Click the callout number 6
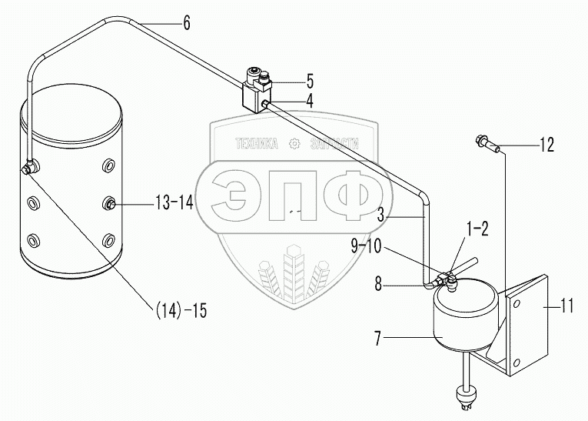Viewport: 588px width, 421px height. point(186,22)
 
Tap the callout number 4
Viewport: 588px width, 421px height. point(309,99)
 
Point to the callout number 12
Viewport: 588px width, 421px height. point(546,144)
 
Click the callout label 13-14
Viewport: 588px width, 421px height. point(174,203)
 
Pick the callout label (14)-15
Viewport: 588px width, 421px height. point(181,310)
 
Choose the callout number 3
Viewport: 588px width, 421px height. point(381,219)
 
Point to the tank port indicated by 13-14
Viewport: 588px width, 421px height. point(110,203)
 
